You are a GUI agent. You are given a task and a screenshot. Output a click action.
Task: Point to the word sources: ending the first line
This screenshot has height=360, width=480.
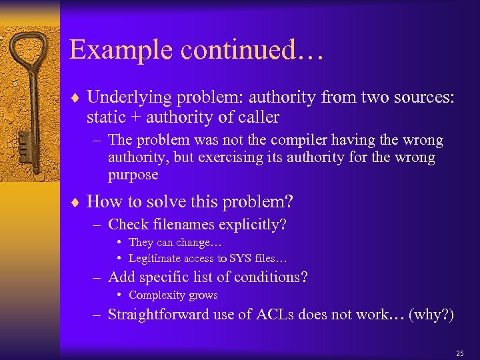point(421,97)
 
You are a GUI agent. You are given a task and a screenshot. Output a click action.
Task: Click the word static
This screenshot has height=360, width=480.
point(104,117)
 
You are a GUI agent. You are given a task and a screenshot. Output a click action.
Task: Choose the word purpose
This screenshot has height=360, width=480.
point(133,175)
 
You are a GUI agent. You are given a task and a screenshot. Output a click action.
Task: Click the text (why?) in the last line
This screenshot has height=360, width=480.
point(432,315)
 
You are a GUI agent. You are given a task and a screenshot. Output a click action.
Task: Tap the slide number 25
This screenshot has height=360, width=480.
point(459,353)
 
